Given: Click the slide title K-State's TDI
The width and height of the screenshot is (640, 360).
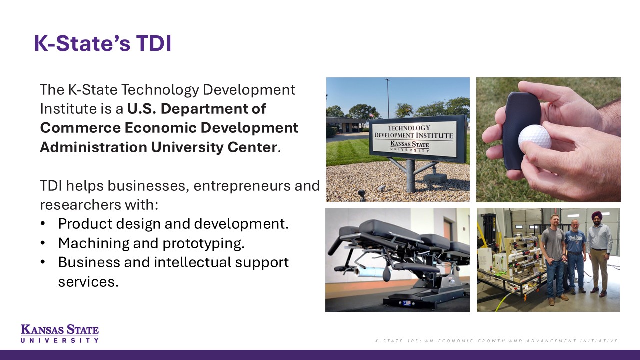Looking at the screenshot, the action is tap(103, 43).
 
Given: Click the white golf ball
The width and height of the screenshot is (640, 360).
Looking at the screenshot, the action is tap(535, 138).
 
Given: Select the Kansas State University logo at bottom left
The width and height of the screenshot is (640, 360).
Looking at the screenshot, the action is tap(59, 333).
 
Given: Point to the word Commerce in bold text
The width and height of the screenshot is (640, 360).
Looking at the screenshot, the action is tap(80, 127).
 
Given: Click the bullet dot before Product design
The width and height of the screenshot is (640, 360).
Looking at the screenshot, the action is tap(43, 223).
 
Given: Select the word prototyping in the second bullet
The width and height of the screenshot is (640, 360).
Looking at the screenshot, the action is tap(203, 243).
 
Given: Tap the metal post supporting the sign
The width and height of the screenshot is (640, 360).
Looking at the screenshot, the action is tap(410, 175).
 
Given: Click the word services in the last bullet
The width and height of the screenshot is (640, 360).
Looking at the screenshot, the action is tap(88, 282).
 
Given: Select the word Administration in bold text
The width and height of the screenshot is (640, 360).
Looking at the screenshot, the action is tap(93, 147).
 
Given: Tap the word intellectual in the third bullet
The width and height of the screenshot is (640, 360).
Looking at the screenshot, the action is tap(192, 262).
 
